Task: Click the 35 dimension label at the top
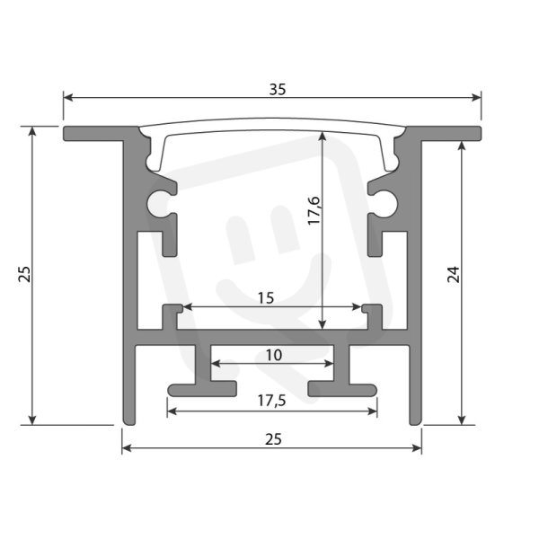277,89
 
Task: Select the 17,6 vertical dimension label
314,211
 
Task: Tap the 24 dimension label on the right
453,274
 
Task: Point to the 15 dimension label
266,298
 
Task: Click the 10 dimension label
274,355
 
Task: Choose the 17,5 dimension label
271,401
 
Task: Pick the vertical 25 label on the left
24,274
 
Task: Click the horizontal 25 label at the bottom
274,439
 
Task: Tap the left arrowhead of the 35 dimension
68,98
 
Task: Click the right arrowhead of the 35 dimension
477,98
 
